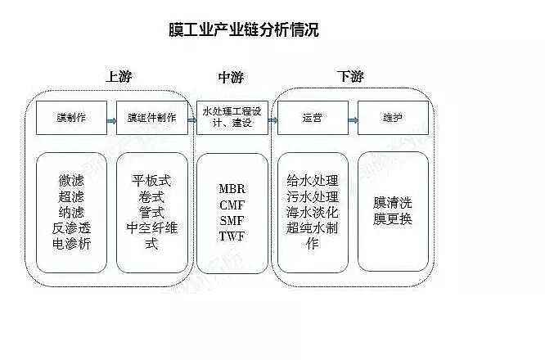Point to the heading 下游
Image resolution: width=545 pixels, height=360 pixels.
coord(350,77)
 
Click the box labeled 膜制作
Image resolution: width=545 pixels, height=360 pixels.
coord(72,118)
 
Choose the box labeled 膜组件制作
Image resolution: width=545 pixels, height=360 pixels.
coord(151,118)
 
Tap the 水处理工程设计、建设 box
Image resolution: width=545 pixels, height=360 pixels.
coord(232,118)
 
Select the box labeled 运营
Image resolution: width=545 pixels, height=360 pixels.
coord(312,118)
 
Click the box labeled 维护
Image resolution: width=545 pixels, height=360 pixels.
coord(393,118)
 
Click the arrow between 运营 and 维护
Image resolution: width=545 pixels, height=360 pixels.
coord(352,119)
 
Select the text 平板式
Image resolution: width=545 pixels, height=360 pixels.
coord(151,180)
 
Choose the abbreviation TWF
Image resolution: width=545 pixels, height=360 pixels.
coord(232,236)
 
